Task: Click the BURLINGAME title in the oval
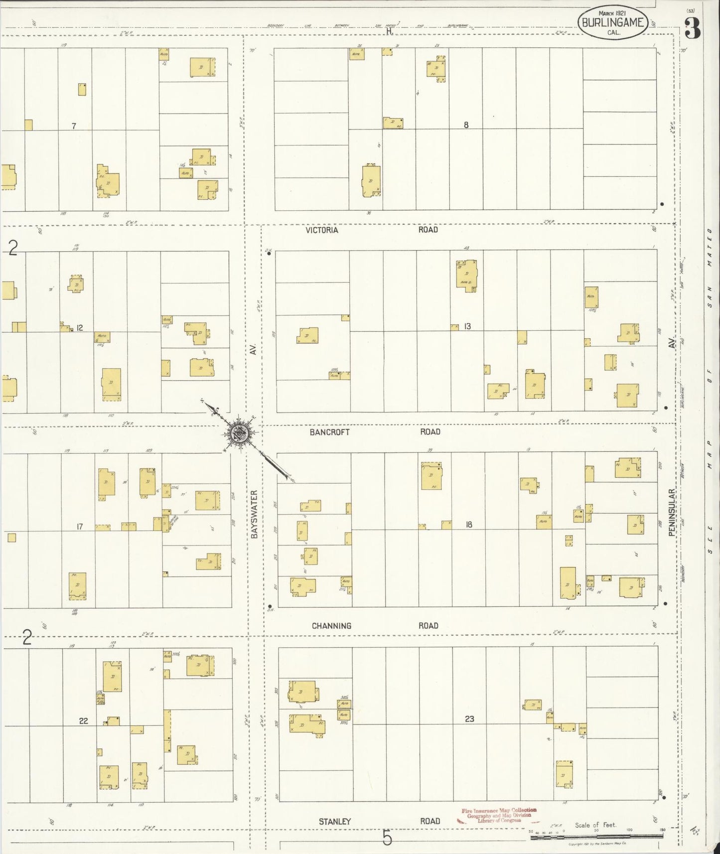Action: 612,22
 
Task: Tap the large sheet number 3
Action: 692,28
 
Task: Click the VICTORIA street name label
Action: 322,230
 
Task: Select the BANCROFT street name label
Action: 329,432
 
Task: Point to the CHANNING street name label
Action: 331,626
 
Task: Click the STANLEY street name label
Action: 335,821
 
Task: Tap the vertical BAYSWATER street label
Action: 254,514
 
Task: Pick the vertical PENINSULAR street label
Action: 672,512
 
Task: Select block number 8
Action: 466,125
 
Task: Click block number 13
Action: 467,326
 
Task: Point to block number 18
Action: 468,524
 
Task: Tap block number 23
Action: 469,719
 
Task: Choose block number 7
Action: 74,126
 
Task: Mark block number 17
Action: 79,526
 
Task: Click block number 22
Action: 83,720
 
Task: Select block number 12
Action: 79,328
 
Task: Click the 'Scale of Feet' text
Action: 595,825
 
